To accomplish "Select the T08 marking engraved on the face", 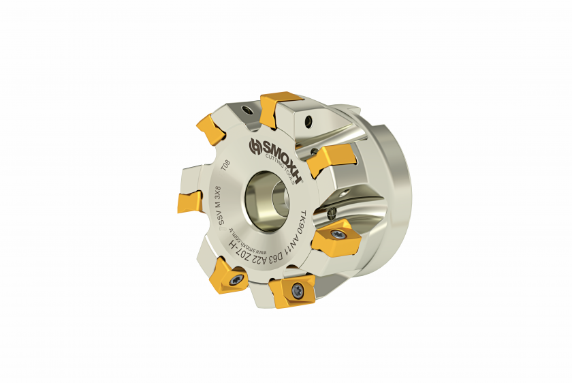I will pyautogui.click(x=225, y=166).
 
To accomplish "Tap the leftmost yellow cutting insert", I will pyautogui.click(x=188, y=202).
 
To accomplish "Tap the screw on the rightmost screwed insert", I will pyautogui.click(x=338, y=235).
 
